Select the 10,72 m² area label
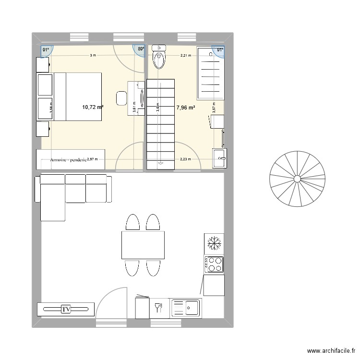93,108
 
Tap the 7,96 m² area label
185,108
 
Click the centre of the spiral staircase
297,179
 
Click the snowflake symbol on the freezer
213,244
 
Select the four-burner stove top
214,264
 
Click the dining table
143,245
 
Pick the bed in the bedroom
77,96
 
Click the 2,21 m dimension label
185,56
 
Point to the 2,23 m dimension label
185,159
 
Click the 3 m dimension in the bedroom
92,56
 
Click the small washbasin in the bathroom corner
220,158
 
